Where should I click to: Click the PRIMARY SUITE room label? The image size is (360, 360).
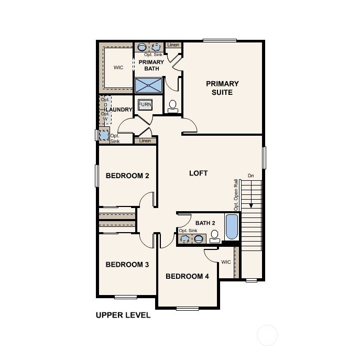(222, 88)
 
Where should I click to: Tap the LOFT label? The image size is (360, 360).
(198, 173)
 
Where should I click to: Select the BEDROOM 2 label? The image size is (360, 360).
(127, 176)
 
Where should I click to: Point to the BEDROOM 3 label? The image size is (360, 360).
(127, 265)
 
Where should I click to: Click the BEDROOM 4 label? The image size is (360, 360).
(187, 276)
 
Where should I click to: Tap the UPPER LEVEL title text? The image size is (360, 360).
(123, 315)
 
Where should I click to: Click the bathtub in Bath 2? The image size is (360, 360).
(231, 226)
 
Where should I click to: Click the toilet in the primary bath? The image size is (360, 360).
(173, 106)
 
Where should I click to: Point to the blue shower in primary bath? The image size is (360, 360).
(149, 85)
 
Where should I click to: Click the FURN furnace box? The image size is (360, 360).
(145, 105)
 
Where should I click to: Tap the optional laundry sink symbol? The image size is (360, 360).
(104, 136)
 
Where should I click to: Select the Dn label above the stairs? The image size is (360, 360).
(251, 176)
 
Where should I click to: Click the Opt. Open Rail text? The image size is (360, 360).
(236, 195)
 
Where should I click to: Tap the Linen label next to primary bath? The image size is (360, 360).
(173, 46)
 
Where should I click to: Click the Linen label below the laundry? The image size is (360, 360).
(146, 140)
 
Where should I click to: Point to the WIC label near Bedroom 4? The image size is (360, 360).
(226, 261)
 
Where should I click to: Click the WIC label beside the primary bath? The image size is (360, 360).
(118, 68)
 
